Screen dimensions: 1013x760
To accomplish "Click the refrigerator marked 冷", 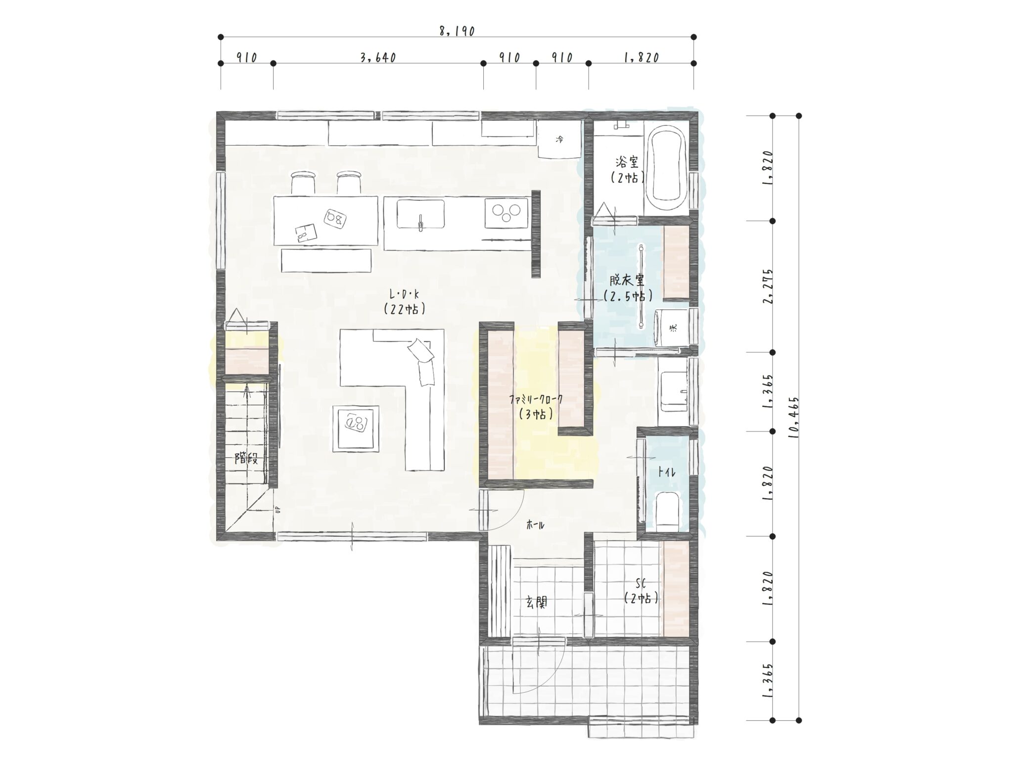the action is pyautogui.click(x=559, y=140).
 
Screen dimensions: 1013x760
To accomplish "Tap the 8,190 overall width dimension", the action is pyautogui.click(x=457, y=31).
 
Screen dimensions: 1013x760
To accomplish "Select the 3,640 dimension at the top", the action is pyautogui.click(x=378, y=58).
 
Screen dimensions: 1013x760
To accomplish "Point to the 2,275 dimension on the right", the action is pyautogui.click(x=768, y=286).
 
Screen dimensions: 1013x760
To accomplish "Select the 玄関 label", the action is pyautogui.click(x=536, y=602).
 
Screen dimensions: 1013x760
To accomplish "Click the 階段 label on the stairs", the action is pyautogui.click(x=246, y=459).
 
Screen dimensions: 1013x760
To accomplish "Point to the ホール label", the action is pyautogui.click(x=535, y=525).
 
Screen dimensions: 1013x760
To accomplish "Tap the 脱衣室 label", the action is pyautogui.click(x=627, y=281).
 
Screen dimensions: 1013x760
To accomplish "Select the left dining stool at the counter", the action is pyautogui.click(x=302, y=182).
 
